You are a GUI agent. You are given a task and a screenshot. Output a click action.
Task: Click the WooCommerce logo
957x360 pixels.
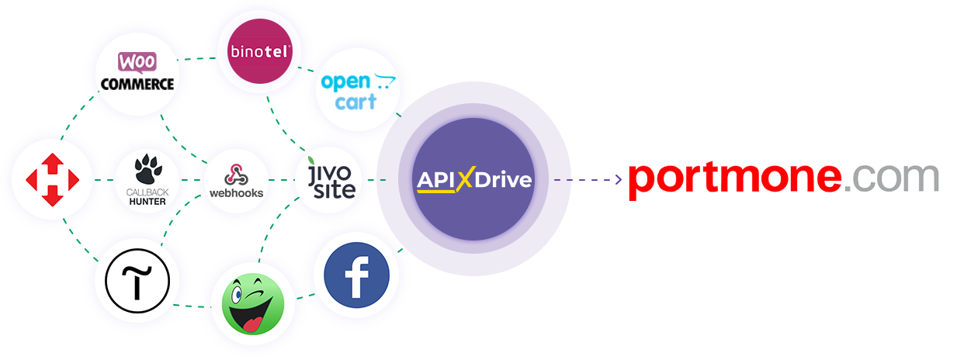click(137, 71)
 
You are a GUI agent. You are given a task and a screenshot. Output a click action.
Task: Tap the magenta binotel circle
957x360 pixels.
click(260, 51)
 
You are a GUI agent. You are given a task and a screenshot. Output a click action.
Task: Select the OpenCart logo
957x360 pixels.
click(358, 92)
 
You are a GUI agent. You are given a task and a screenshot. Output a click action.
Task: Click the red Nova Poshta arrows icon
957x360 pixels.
click(53, 180)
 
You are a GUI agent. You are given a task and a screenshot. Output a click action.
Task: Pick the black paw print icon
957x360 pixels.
click(147, 169)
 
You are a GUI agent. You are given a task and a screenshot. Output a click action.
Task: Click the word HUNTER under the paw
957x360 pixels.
click(147, 202)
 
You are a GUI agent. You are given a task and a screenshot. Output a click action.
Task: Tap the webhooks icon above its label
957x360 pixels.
click(236, 175)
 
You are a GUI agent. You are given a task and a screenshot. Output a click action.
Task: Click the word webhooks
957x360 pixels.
click(236, 193)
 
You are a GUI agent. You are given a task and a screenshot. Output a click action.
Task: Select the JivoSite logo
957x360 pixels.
click(331, 178)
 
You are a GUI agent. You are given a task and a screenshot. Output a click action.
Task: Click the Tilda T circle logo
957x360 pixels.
click(137, 281)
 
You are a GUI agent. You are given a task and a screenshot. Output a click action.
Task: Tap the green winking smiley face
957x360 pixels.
click(253, 304)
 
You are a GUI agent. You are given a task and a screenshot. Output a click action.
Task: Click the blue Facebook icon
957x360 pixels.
click(357, 275)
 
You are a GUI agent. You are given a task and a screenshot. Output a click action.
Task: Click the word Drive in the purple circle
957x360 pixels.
click(503, 180)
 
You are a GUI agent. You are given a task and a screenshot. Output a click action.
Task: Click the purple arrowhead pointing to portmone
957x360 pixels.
click(619, 179)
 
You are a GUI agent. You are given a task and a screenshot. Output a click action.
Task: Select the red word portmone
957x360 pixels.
click(735, 180)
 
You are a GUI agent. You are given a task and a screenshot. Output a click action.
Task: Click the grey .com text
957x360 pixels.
click(892, 177)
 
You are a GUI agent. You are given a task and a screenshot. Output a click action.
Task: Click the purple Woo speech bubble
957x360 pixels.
click(137, 62)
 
